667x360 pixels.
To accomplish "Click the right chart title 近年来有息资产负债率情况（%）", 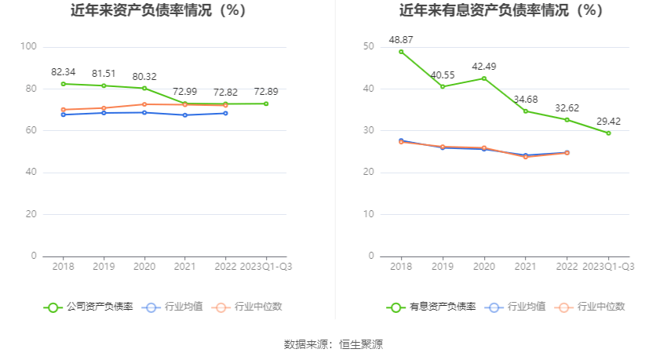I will [501, 11].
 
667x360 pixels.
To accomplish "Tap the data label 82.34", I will [63, 72].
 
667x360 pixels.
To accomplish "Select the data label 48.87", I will [401, 39].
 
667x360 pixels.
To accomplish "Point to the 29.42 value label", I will [608, 121].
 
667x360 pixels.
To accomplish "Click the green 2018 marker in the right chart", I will [401, 52].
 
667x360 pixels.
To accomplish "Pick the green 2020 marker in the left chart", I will [144, 88].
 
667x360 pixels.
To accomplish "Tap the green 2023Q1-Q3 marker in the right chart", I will [608, 133].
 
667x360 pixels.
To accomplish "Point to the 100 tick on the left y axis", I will [28, 46].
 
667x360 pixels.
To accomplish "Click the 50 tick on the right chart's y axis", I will [369, 46].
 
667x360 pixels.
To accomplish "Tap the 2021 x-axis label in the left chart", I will [184, 267].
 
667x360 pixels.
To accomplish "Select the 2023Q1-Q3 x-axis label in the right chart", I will [608, 267].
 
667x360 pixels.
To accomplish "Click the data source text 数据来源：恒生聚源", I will [333, 344].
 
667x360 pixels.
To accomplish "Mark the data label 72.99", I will [184, 92].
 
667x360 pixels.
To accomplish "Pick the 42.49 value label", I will [484, 67].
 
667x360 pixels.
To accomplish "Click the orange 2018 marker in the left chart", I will [63, 110].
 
